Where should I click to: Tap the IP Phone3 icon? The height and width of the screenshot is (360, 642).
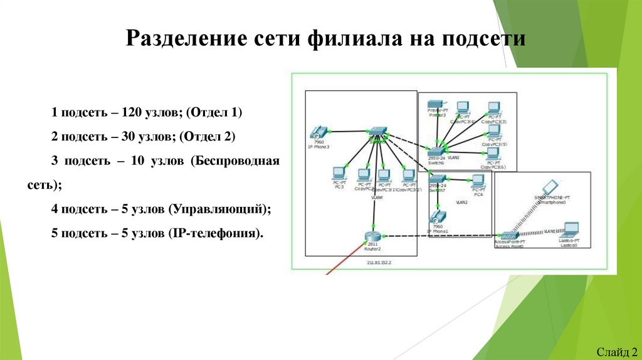pos(317,133)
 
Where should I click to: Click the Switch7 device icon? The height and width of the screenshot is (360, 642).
pos(436,179)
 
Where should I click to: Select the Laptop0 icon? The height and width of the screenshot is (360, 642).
pos(570,230)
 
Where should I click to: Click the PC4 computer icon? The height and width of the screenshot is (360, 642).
pos(478,182)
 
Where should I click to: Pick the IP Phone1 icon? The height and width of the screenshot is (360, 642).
pos(436,217)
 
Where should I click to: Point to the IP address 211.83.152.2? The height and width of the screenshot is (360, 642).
pos(378,262)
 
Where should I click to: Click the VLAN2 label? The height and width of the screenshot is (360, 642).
pos(462,203)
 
